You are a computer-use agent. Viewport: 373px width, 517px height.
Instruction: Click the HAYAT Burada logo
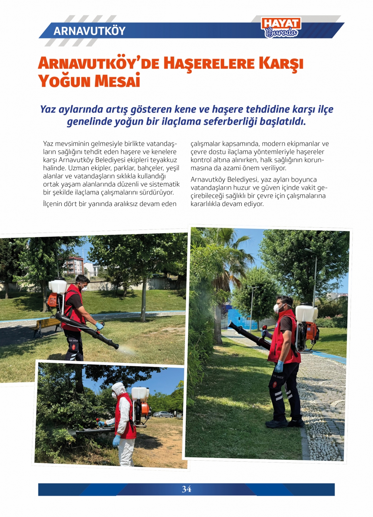click(x=281, y=28)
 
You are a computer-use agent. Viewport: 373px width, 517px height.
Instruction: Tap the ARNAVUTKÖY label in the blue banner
click(x=90, y=31)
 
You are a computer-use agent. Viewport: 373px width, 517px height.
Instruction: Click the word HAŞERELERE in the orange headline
click(x=209, y=64)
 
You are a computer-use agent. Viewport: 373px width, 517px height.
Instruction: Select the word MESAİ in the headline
click(x=117, y=81)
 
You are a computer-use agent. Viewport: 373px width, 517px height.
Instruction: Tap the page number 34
click(x=186, y=489)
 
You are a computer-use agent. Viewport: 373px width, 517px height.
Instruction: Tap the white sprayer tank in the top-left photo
click(x=58, y=286)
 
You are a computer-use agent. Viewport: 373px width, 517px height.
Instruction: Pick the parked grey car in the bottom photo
click(x=163, y=414)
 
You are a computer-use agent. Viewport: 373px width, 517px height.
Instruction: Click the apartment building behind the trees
click(x=73, y=265)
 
